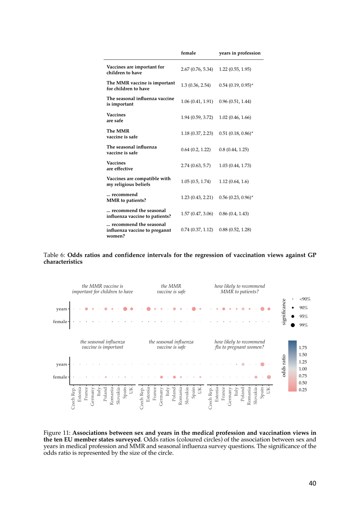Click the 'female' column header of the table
coord(188,53)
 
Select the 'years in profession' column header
coord(239,53)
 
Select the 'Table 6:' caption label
coord(54,255)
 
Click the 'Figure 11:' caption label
coord(57,432)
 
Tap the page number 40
coord(312,483)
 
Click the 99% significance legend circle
coord(293,325)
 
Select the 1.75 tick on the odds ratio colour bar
coord(303,348)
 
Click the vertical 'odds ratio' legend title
coord(283,366)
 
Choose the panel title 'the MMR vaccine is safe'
coord(171,289)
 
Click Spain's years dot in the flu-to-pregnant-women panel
coord(262,364)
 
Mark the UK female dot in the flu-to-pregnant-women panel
coord(269,377)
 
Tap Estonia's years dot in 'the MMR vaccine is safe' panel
coord(149,309)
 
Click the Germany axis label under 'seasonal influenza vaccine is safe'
coord(161,396)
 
